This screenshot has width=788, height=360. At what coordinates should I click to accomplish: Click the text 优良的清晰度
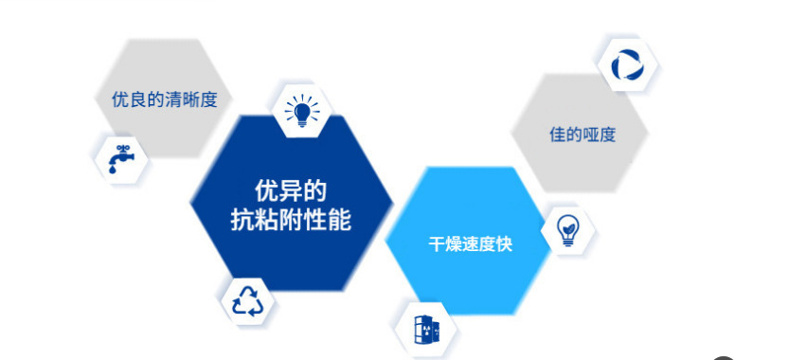[x=165, y=99]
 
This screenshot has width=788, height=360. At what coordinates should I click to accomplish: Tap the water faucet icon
[x=121, y=159]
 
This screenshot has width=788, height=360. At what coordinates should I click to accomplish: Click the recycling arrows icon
[x=248, y=301]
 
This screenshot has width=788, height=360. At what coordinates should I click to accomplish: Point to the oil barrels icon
[x=426, y=330]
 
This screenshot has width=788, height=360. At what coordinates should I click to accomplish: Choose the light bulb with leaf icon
[x=568, y=230]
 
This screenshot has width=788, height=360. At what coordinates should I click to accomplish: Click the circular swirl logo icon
[x=628, y=64]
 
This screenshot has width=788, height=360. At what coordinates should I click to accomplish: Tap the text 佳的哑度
[x=582, y=135]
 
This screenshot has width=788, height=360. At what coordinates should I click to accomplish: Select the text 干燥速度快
[x=471, y=244]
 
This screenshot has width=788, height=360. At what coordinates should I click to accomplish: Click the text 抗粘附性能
[x=291, y=220]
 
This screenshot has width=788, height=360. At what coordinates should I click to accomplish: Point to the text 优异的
[x=291, y=191]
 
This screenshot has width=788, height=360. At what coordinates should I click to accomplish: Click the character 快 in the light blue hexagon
[x=505, y=244]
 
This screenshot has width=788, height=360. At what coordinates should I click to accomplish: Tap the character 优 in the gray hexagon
[x=119, y=99]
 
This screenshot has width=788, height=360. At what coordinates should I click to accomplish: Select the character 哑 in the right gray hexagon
[x=591, y=135]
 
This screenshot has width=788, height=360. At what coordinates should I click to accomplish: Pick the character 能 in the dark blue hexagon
[x=340, y=220]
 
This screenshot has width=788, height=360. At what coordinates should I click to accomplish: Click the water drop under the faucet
[x=112, y=170]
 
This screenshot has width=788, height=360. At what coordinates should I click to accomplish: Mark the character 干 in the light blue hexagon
[x=437, y=244]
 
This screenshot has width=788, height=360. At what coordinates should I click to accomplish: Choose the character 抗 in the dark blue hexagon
[x=242, y=220]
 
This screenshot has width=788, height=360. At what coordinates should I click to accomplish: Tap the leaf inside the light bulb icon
[x=568, y=227]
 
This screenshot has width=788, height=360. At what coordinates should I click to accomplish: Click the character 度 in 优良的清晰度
[x=209, y=99]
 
